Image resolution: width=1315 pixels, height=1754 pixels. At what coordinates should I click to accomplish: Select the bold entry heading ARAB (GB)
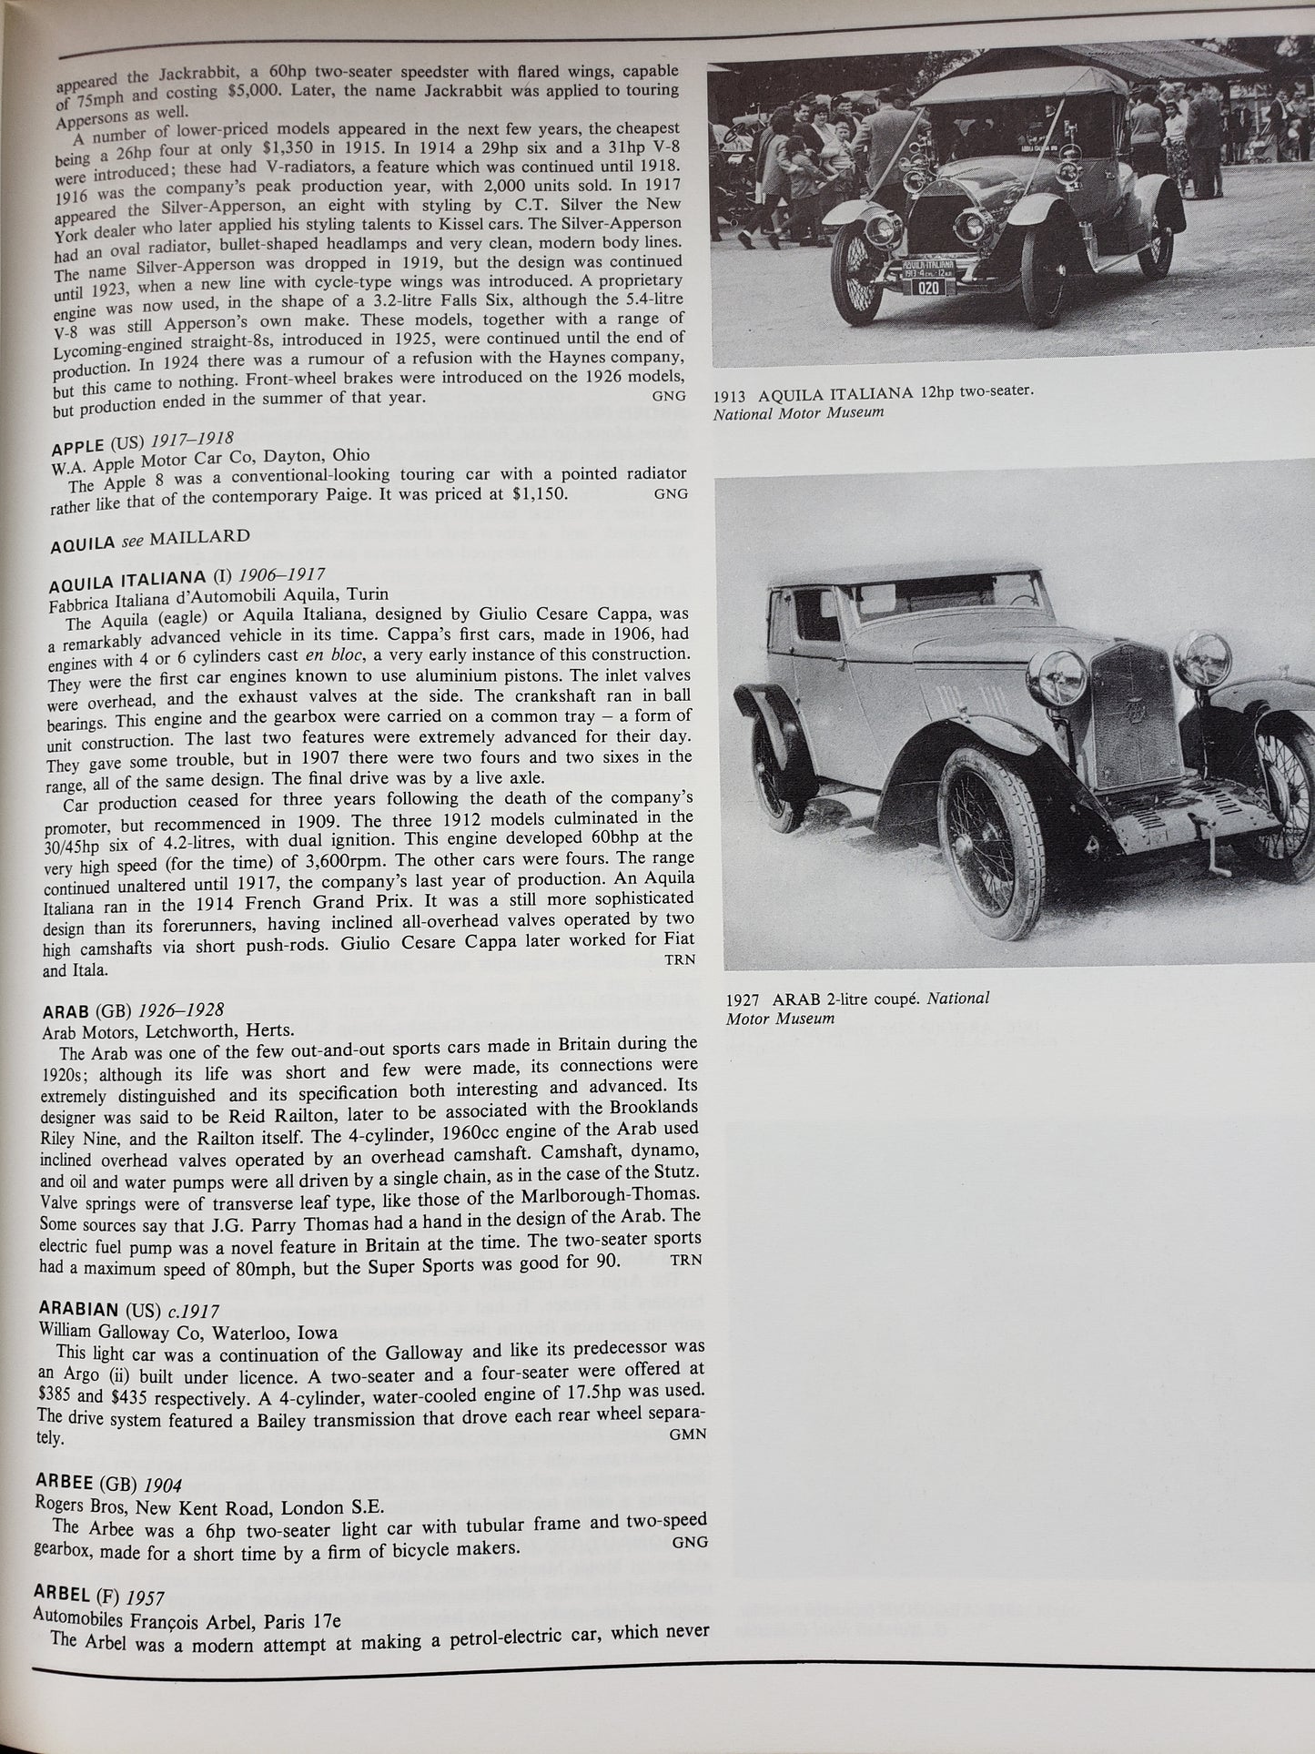point(89,1009)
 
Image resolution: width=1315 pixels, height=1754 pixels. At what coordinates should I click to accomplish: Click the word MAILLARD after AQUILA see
point(199,537)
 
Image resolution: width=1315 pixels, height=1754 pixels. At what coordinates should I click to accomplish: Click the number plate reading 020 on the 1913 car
point(927,288)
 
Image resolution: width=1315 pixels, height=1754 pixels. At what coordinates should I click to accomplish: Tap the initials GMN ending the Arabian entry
point(688,1434)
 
